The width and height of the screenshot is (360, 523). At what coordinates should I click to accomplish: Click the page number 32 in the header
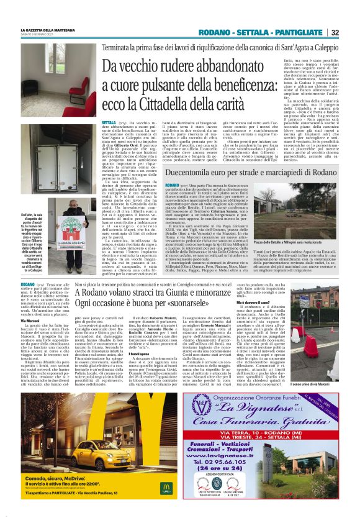335,32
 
